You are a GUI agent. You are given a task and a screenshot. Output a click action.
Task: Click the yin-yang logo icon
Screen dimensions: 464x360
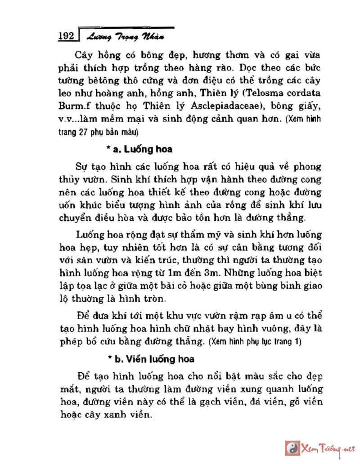pyautogui.click(x=292, y=447)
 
